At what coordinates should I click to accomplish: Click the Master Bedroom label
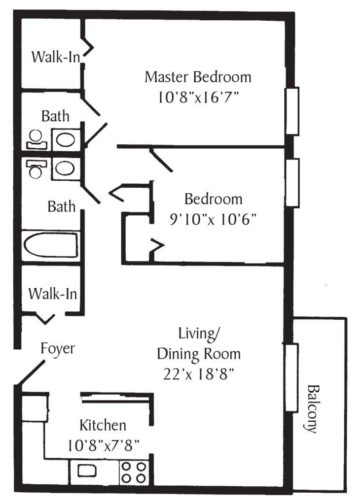point(197,77)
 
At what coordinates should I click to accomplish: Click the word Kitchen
point(103,425)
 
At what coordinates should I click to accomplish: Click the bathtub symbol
point(51,245)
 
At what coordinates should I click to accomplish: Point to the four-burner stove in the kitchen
point(134,472)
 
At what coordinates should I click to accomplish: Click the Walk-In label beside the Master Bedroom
point(55,57)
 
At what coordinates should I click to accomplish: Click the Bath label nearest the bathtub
point(62,206)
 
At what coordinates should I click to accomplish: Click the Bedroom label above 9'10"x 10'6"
point(214,199)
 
